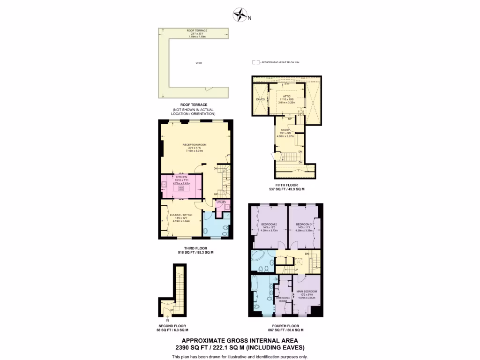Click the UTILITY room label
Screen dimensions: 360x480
click(x=221, y=202)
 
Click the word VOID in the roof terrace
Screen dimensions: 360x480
click(x=199, y=63)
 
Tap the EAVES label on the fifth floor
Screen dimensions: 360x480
click(x=260, y=99)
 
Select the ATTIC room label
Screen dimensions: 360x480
click(x=287, y=96)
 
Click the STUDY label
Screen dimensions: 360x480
click(x=285, y=130)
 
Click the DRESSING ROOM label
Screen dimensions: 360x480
click(x=283, y=299)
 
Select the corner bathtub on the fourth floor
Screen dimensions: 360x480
click(x=258, y=257)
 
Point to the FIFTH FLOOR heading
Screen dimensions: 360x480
click(x=284, y=186)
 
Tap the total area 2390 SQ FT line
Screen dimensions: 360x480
click(x=239, y=347)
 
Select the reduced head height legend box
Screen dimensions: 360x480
click(x=255, y=62)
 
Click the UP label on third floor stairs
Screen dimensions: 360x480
click(x=215, y=194)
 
